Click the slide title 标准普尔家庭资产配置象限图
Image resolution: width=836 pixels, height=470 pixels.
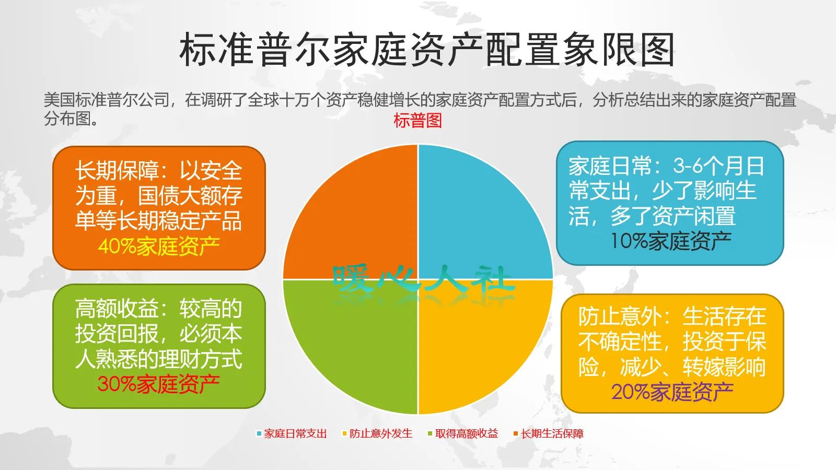426,50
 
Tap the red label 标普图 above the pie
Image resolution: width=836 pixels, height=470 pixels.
417,121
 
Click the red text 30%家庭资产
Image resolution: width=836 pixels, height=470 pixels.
158,384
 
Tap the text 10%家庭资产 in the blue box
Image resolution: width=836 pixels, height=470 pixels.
671,241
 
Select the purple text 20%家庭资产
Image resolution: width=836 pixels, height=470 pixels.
672,392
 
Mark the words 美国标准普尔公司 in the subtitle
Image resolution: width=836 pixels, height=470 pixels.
107,100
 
